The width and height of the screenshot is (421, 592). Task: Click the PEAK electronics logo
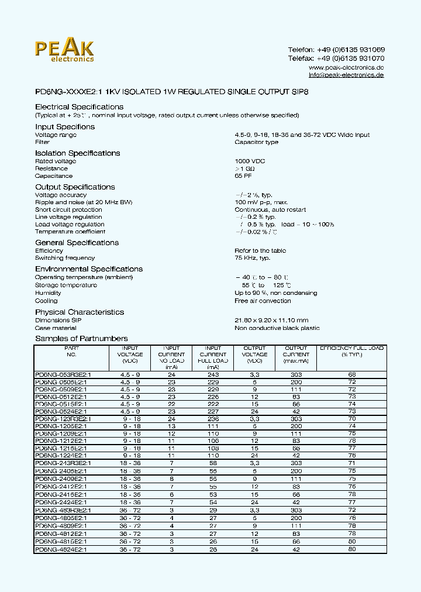pyautogui.click(x=64, y=50)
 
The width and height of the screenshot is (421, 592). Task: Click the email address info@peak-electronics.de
pyautogui.click(x=346, y=75)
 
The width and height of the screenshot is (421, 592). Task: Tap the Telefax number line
pyautogui.click(x=336, y=58)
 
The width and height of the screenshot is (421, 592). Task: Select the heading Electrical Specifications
pyautogui.click(x=79, y=107)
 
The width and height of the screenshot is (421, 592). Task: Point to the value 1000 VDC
pyautogui.click(x=250, y=161)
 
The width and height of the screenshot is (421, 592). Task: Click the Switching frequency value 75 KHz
pyautogui.click(x=252, y=258)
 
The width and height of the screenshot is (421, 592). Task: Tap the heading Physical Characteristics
pyautogui.click(x=80, y=312)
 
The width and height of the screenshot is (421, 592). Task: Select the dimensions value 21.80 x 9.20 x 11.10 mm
pyautogui.click(x=271, y=321)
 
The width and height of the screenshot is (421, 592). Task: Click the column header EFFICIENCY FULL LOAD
pyautogui.click(x=351, y=351)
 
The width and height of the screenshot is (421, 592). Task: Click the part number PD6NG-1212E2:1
pyautogui.click(x=61, y=440)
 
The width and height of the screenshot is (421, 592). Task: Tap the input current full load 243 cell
pyautogui.click(x=213, y=374)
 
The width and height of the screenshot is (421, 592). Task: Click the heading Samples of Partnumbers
pyautogui.click(x=81, y=339)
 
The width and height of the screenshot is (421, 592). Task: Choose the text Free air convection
pyautogui.click(x=263, y=301)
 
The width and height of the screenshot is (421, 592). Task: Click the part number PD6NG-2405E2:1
pyautogui.click(x=61, y=470)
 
